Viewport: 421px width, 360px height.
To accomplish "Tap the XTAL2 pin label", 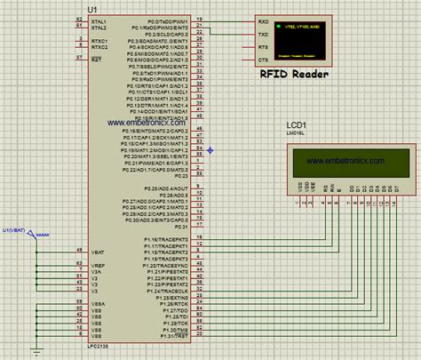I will [x=99, y=28].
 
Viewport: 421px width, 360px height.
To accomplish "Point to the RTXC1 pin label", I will [x=99, y=41].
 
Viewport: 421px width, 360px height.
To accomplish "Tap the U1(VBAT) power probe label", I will [x=16, y=230].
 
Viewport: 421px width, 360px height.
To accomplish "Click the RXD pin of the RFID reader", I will [x=263, y=20].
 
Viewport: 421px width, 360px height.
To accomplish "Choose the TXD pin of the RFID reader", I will [x=263, y=33].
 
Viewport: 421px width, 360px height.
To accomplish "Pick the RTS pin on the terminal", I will [x=263, y=46].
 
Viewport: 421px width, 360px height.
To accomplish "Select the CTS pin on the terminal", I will [x=263, y=60].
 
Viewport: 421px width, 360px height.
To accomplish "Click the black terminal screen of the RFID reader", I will [x=298, y=40].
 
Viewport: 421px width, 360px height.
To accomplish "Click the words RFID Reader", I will [x=293, y=75].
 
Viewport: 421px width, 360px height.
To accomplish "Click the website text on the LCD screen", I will [x=345, y=160].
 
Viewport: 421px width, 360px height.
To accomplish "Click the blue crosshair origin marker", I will [x=210, y=149].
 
